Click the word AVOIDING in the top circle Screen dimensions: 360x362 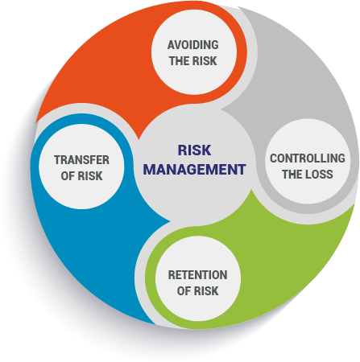click(193, 45)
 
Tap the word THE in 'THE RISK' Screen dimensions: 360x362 click(179, 61)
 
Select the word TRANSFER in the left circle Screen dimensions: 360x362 click(81, 160)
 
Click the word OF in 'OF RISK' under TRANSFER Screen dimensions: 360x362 click(68, 176)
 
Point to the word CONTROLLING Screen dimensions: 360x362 click(308, 158)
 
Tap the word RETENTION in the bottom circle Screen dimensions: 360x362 click(197, 275)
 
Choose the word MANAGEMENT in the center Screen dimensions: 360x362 click(194, 170)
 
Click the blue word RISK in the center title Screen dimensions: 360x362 click(194, 150)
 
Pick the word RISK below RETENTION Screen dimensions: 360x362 click(206, 291)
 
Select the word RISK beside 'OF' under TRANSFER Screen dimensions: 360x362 click(90, 176)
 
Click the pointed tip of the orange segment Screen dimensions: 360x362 click(139, 139)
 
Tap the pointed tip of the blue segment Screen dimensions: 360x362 click(171, 221)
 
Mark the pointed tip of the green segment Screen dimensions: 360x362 click(251, 190)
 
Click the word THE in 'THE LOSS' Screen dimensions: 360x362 click(292, 175)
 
